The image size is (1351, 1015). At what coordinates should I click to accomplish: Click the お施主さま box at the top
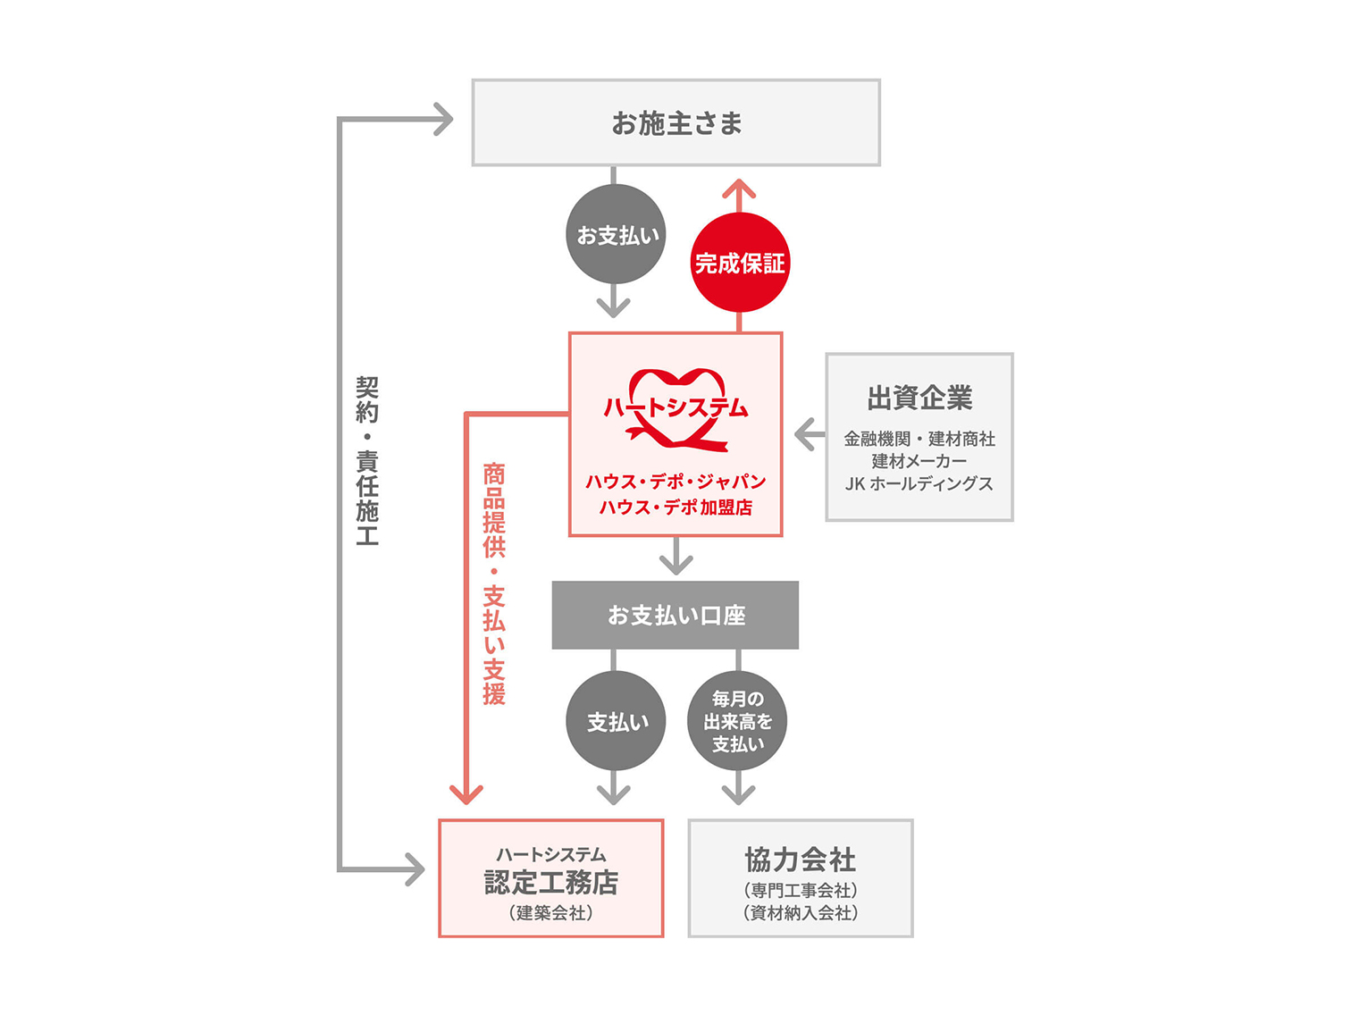(675, 122)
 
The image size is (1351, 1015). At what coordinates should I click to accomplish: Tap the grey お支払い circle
(616, 234)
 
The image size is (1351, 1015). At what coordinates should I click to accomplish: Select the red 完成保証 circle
(739, 262)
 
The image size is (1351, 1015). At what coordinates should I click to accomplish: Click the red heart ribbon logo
(675, 408)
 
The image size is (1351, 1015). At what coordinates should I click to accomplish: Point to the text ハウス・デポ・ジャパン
(675, 481)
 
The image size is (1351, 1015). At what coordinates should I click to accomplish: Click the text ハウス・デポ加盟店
(675, 507)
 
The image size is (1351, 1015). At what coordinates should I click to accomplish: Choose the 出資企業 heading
(919, 398)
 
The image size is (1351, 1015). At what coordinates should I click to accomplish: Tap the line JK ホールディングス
(919, 483)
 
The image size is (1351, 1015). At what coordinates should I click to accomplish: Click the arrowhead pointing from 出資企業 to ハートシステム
(805, 434)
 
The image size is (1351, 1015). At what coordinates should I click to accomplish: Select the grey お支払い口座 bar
(675, 615)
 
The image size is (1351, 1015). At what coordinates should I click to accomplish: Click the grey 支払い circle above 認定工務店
(616, 721)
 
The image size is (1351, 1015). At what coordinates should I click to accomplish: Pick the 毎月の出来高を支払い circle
(737, 721)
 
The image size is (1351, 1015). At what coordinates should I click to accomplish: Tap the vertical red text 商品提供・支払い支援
(493, 583)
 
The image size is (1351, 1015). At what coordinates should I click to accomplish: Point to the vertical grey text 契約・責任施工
(367, 460)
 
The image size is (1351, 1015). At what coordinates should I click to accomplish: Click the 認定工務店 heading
(551, 882)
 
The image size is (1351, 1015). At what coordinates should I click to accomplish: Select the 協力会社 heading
(800, 860)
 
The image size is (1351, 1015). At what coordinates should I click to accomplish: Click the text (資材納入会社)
(800, 913)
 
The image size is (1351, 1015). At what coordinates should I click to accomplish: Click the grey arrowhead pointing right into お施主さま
(444, 119)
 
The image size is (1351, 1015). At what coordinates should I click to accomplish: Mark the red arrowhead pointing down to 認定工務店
(466, 794)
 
